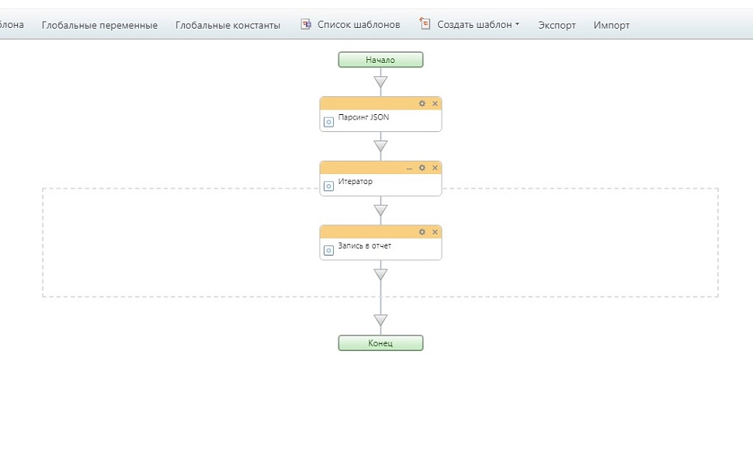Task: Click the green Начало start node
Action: [x=380, y=60]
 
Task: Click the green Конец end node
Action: [x=380, y=343]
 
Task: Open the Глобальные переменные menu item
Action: [x=99, y=25]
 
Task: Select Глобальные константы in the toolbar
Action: [x=227, y=25]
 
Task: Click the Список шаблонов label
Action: [x=359, y=25]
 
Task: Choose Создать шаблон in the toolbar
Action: [x=474, y=25]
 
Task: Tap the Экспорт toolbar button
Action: [x=557, y=25]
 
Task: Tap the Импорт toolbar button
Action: [x=612, y=25]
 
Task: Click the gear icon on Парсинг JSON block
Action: [x=422, y=103]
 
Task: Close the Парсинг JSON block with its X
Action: [x=435, y=103]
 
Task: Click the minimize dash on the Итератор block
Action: [x=409, y=169]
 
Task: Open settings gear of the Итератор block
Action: [x=422, y=168]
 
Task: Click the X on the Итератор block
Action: [x=435, y=168]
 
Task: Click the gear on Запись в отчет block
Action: [x=422, y=232]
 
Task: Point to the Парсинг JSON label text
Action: [x=363, y=117]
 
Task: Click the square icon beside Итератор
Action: [x=328, y=186]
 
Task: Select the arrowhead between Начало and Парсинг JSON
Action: [x=380, y=82]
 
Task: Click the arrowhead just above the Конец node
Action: [x=380, y=320]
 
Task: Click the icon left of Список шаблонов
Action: [x=306, y=24]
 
